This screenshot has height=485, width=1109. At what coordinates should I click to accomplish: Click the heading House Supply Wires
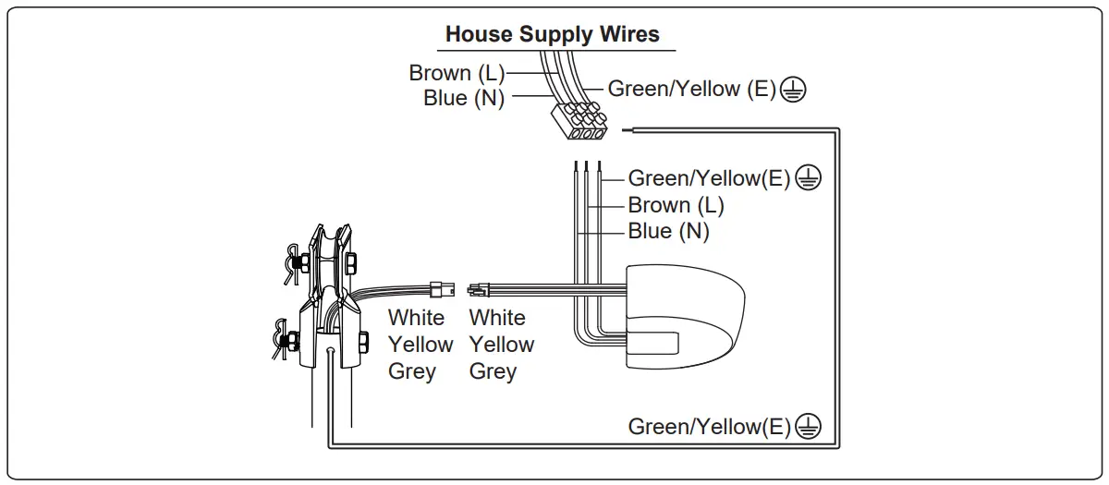[552, 35]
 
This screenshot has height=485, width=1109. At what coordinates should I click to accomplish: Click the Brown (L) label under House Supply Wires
[457, 73]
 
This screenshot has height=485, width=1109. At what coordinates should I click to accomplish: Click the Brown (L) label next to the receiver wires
[676, 205]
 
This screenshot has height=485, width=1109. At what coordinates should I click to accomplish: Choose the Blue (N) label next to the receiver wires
[668, 231]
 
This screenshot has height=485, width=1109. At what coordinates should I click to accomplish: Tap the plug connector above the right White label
[481, 288]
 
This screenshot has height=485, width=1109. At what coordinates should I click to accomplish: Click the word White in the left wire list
[416, 318]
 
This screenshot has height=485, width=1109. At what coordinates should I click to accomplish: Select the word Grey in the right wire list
[493, 371]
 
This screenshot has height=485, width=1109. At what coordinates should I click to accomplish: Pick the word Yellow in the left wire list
[420, 345]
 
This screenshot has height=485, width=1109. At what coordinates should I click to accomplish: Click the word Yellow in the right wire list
[502, 345]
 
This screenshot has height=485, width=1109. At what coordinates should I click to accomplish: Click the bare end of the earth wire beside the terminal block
[628, 130]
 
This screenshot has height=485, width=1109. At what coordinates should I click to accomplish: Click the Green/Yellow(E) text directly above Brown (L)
[709, 178]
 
